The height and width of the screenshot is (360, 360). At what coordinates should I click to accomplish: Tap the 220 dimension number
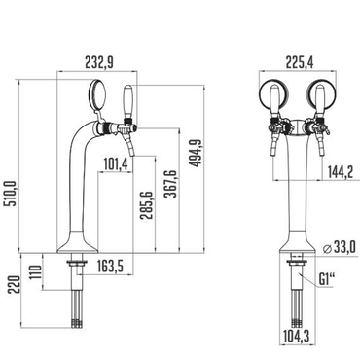(x=12, y=285)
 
